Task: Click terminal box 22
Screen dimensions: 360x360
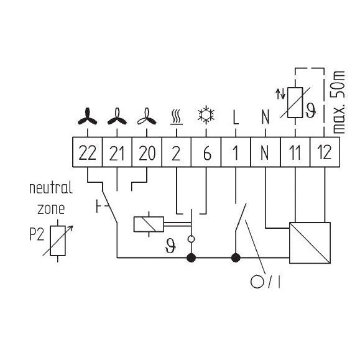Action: [x=88, y=152]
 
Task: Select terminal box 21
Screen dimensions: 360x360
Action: [x=117, y=152]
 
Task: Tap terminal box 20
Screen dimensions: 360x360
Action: [x=147, y=152]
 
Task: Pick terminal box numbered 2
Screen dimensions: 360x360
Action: [x=177, y=152]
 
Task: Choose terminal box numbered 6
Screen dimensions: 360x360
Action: [x=206, y=152]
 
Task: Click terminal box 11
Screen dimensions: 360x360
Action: [x=295, y=152]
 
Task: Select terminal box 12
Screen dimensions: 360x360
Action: [x=325, y=152]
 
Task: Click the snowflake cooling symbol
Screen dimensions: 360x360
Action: [x=206, y=114]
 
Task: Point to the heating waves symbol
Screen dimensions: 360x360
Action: [x=177, y=118]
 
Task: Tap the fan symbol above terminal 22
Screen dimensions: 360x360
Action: [x=87, y=116]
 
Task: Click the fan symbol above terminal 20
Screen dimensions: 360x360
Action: [x=147, y=116]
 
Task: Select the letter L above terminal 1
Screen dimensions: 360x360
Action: [x=236, y=117]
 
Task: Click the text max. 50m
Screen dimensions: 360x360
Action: [x=339, y=103]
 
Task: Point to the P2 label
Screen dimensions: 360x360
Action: [x=37, y=234]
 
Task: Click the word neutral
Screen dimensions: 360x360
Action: [x=51, y=188]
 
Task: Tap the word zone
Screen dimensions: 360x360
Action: [x=51, y=209]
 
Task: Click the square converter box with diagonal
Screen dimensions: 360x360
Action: [x=310, y=242]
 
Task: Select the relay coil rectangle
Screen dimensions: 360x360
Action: [x=149, y=224]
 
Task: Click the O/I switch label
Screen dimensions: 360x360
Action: [x=265, y=282]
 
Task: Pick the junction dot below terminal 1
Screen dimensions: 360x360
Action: [x=236, y=257]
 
